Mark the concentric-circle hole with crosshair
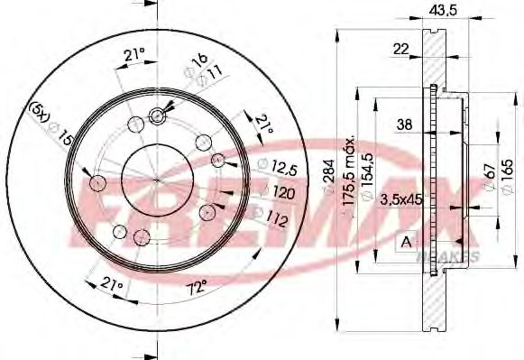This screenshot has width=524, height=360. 158,115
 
